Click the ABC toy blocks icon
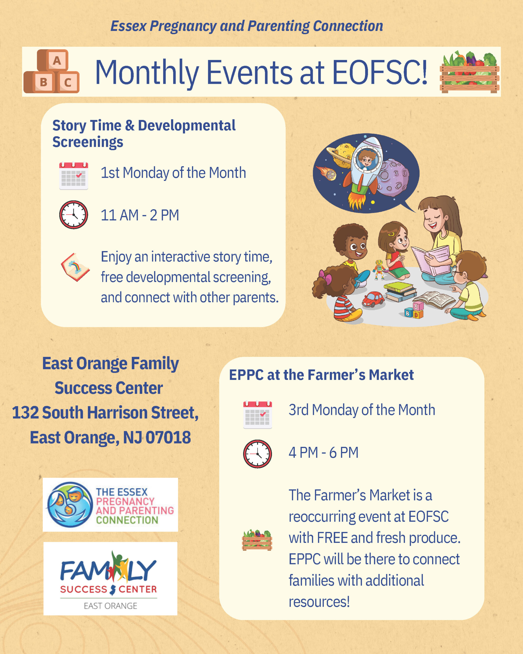52,71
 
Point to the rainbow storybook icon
75,267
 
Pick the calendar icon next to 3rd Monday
258,415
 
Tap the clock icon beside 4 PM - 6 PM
258,454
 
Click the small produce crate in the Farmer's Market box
257,540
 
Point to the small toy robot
379,269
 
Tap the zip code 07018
168,437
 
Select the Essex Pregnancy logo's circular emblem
70,505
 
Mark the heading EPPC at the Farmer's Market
321,375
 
